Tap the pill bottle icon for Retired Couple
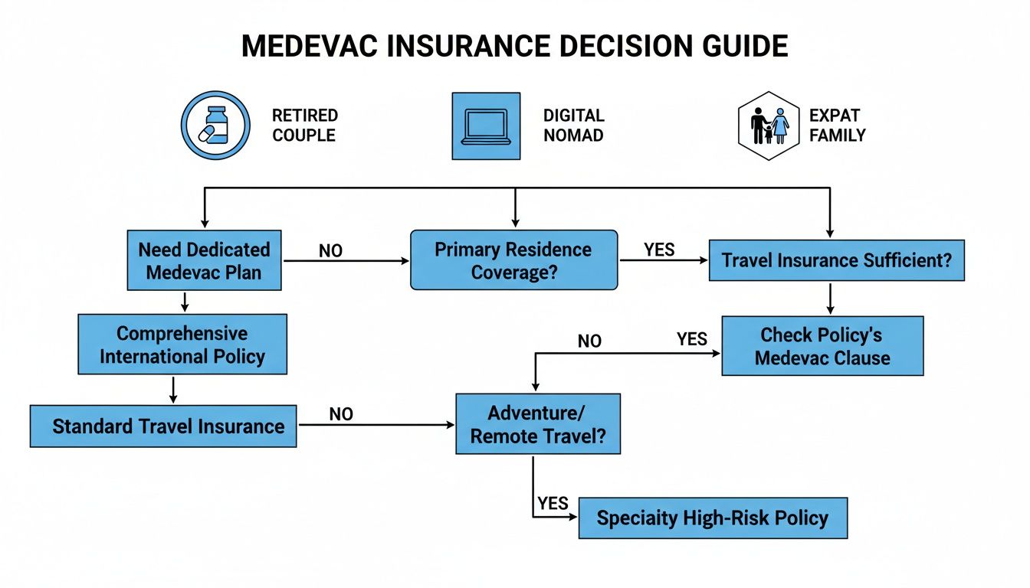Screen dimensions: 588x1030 (215, 126)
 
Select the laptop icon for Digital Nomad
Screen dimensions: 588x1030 (486, 126)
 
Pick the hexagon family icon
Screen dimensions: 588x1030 (769, 126)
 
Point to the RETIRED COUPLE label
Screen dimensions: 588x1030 (304, 126)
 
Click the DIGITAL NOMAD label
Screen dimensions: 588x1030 (574, 126)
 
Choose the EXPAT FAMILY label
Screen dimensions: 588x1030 (837, 126)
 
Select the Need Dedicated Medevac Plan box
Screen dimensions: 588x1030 (204, 261)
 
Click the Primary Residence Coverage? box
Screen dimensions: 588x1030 (513, 261)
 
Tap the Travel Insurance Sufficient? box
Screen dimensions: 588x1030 (836, 260)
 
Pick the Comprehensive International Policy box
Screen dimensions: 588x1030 (182, 345)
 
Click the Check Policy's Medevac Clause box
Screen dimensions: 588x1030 (822, 346)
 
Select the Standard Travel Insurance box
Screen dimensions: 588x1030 (163, 426)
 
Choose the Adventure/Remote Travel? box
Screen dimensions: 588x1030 (538, 424)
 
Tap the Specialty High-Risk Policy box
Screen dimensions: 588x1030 (713, 518)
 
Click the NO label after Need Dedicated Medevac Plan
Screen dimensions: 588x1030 (330, 251)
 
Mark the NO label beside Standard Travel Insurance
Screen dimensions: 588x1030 (341, 414)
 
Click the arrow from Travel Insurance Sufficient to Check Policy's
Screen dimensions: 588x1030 (830, 299)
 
